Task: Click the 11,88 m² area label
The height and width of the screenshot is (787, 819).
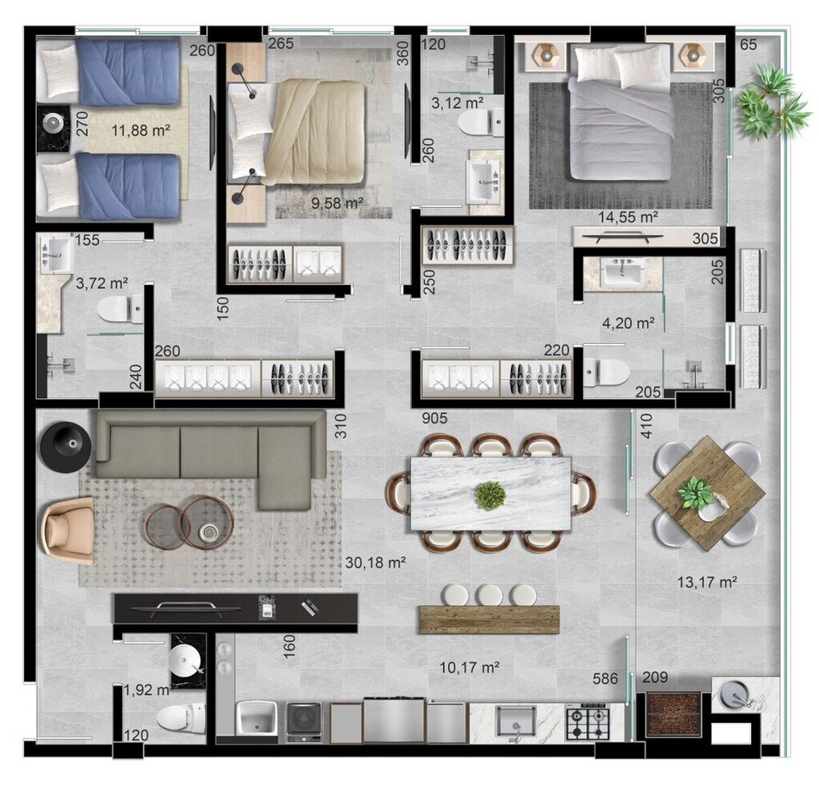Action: click(141, 129)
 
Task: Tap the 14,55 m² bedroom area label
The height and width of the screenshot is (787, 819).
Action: click(627, 216)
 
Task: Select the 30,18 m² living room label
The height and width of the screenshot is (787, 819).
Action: click(376, 563)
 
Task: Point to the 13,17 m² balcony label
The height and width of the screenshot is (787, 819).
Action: click(708, 581)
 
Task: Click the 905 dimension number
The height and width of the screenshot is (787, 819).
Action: click(435, 418)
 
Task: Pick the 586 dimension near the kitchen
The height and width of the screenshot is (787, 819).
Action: click(605, 678)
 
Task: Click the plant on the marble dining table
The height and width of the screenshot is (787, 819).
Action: click(491, 495)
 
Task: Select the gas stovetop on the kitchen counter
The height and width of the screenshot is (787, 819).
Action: click(587, 721)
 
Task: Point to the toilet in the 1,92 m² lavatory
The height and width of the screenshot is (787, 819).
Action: click(181, 718)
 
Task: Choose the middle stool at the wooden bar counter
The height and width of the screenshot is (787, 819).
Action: click(491, 595)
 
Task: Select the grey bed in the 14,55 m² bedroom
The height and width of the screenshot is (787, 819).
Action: click(621, 112)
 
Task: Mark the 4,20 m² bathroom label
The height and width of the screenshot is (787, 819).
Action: click(628, 323)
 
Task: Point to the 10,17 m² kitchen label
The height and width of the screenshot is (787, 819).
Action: click(469, 667)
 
